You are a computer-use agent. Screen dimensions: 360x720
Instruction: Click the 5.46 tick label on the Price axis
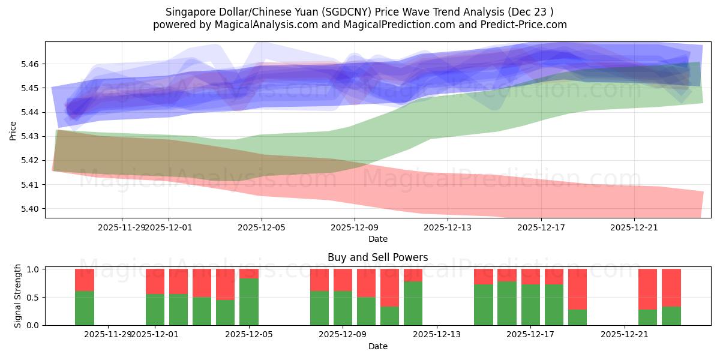31,64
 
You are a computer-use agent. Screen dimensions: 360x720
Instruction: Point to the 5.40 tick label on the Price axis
31,209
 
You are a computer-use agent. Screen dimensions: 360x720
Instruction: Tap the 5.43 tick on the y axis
31,136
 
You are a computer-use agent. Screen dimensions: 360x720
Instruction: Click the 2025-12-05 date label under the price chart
262,227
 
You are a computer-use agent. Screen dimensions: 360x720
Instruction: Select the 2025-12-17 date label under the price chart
541,227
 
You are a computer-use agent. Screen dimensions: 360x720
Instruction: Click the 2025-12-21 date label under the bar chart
625,334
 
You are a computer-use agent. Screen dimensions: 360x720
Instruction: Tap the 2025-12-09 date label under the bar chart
343,334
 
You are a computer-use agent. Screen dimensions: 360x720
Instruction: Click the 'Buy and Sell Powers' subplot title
377,257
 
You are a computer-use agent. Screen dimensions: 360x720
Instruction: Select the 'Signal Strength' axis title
18,296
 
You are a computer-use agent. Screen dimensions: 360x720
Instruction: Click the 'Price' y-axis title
13,130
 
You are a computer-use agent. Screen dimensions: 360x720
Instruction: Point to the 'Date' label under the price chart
377,239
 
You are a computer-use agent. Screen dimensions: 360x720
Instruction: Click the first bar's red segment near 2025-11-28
85,280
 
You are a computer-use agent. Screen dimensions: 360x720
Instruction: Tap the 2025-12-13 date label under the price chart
448,227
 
